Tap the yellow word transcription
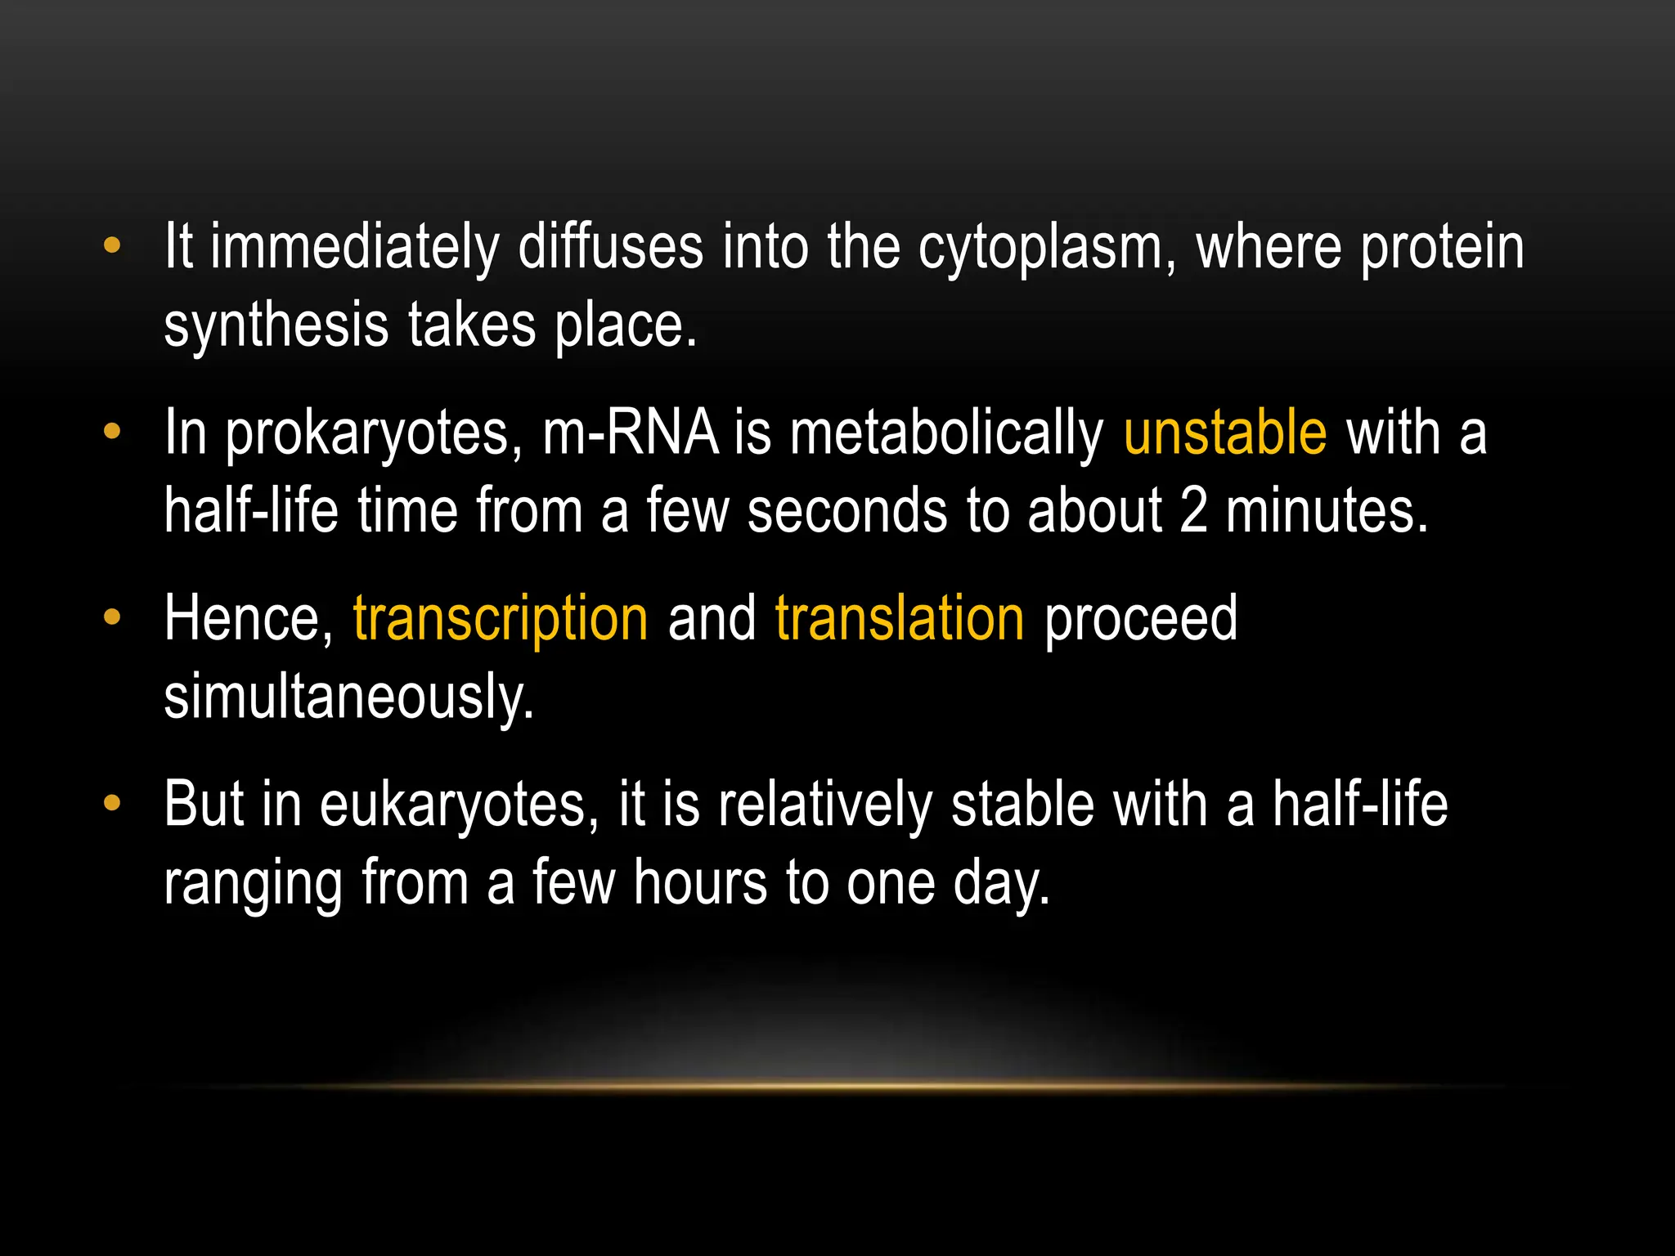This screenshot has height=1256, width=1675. point(501,619)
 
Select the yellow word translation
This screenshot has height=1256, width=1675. point(900,619)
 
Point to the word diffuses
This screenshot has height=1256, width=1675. point(610,246)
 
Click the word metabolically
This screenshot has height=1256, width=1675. point(946,434)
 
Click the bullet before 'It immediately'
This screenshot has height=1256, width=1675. point(112,244)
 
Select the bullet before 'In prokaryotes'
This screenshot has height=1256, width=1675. point(112,431)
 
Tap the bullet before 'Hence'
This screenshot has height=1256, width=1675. point(112,617)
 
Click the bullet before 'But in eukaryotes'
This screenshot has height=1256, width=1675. point(112,803)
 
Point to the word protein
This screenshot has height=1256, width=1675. point(1442,248)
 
